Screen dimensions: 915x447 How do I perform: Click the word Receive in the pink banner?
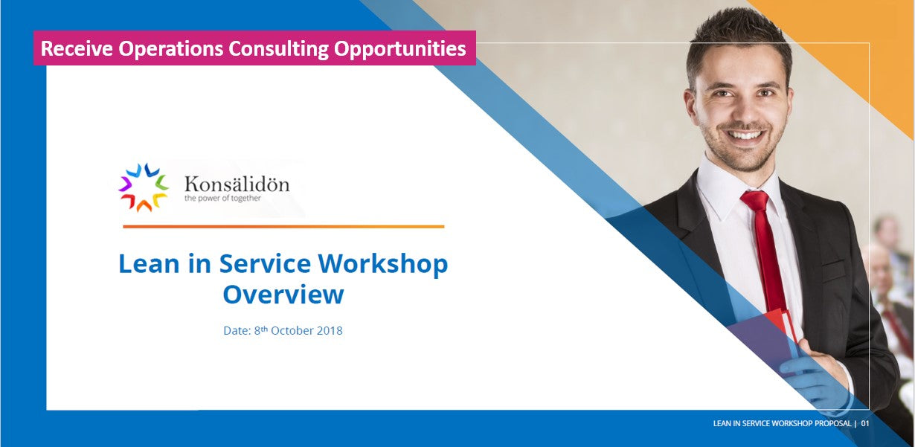click(77, 48)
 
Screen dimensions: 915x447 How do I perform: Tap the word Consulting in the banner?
click(278, 49)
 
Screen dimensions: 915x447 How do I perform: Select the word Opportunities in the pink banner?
click(400, 49)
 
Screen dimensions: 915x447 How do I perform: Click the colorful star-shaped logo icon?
click(144, 187)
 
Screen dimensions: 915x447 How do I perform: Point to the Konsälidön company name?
click(237, 184)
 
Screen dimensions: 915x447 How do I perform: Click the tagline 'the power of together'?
click(222, 199)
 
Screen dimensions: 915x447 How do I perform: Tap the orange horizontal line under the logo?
click(283, 227)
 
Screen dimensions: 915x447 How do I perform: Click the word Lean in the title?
click(149, 264)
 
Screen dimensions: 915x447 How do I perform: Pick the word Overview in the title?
click(283, 295)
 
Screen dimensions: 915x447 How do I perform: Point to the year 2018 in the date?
click(330, 331)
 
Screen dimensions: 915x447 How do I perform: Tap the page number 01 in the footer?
click(864, 423)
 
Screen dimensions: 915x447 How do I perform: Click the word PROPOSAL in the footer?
click(833, 423)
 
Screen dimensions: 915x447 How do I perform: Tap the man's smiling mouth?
click(744, 134)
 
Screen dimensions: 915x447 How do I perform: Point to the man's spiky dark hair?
click(738, 39)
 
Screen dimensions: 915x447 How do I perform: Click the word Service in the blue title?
click(265, 264)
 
